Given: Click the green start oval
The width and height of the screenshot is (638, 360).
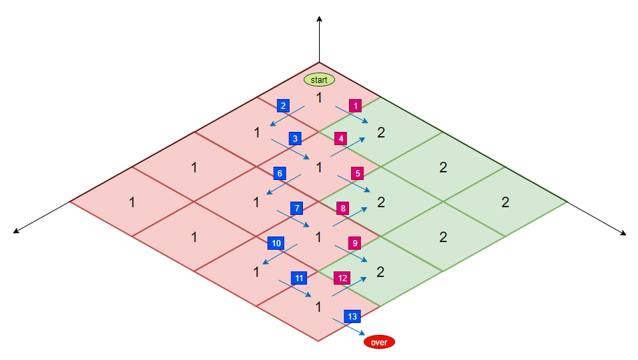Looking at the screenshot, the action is point(319,80).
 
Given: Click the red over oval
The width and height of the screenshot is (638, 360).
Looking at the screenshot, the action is point(379,342).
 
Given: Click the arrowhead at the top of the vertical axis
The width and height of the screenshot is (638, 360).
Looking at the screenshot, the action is point(319,18).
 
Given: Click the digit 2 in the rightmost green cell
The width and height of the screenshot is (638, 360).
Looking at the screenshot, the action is point(505,202).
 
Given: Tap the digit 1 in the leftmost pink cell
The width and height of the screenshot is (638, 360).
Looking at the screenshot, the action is point(132,202).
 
